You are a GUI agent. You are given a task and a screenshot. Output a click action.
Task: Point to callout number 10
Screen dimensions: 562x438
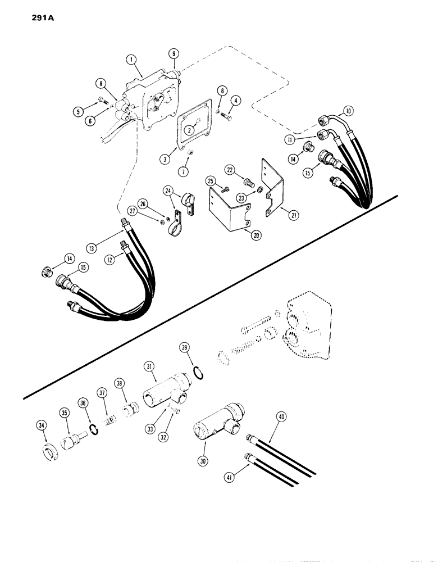click(348, 111)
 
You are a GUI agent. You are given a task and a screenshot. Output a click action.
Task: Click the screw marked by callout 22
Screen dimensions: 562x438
click(248, 183)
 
